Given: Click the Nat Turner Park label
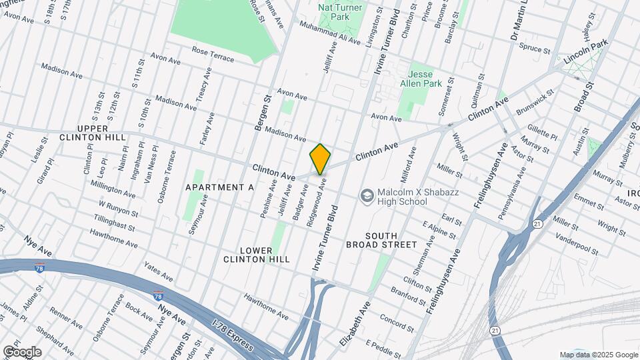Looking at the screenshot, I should [340, 12].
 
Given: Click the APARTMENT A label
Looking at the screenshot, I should [220, 187].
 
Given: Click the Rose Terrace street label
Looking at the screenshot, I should [213, 54].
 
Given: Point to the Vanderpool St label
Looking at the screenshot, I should [577, 245].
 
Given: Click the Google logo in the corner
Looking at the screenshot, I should [21, 351].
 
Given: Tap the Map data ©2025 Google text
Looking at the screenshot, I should [598, 355].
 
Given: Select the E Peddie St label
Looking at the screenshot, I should [383, 347].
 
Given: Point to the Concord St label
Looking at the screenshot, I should [397, 320].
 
